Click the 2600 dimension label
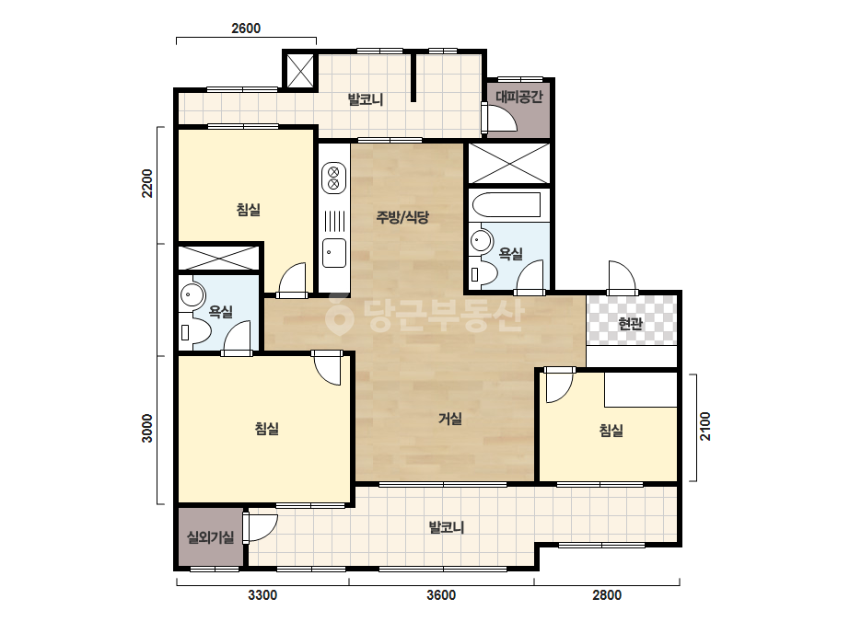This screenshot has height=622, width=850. [x=246, y=29]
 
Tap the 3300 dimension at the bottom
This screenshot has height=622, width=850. [x=262, y=595]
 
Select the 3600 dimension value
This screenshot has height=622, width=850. [x=441, y=595]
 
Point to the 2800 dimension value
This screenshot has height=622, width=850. [x=607, y=595]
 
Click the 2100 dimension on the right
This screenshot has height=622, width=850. [x=704, y=426]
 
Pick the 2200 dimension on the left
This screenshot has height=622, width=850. [x=147, y=184]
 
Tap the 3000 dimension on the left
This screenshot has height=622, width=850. [x=147, y=428]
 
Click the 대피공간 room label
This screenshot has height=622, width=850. [x=519, y=97]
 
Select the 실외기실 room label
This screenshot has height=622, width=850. [x=210, y=537]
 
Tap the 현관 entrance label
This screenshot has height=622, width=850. [x=631, y=324]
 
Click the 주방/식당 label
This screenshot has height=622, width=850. [x=402, y=217]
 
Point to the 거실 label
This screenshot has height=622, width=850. [x=450, y=419]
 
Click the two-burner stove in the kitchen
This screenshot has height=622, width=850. [x=334, y=179]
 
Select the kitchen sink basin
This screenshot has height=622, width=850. [x=334, y=253]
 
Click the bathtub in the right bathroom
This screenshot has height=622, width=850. [x=507, y=205]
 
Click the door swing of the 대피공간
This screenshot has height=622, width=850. [x=500, y=118]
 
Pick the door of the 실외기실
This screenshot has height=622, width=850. [x=261, y=527]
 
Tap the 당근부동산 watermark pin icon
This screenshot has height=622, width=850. [x=339, y=315]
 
